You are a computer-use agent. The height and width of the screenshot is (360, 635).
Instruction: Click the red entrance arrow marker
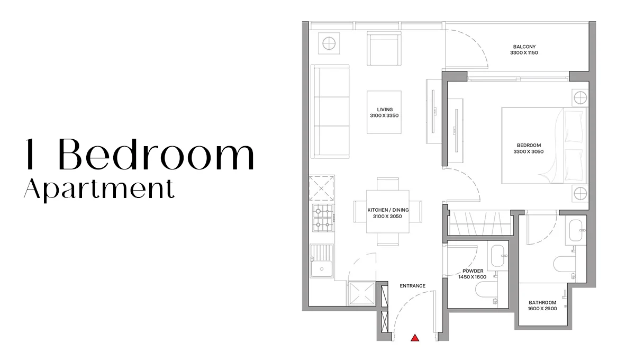pyautogui.click(x=415, y=338)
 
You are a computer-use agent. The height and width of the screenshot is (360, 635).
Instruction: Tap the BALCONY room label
pyautogui.click(x=524, y=47)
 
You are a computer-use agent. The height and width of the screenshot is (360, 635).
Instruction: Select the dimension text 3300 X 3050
pyautogui.click(x=529, y=151)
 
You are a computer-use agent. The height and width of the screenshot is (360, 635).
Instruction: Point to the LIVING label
pyautogui.click(x=385, y=110)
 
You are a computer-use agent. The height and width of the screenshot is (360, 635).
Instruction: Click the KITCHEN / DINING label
pyautogui.click(x=388, y=210)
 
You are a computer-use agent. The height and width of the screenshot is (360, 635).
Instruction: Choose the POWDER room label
pyautogui.click(x=473, y=271)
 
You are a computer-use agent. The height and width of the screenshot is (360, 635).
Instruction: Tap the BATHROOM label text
pyautogui.click(x=542, y=302)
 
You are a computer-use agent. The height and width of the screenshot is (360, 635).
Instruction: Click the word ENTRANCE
pyautogui.click(x=412, y=286)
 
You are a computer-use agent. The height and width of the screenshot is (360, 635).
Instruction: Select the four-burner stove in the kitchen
pyautogui.click(x=323, y=218)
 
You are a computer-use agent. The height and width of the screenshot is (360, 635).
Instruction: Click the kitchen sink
pyautogui.click(x=322, y=260)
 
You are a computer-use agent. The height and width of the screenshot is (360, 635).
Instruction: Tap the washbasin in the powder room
pyautogui.click(x=498, y=256)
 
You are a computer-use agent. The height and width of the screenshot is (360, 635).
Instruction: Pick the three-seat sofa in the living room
pyautogui.click(x=330, y=111)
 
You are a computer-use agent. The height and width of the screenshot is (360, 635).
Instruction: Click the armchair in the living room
pyautogui.click(x=384, y=48)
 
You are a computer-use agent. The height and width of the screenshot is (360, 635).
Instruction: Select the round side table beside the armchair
pyautogui.click(x=329, y=43)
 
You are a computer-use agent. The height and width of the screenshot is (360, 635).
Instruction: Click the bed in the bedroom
pyautogui.click(x=545, y=145)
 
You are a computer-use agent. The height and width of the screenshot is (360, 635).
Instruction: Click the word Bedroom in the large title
pyautogui.click(x=157, y=155)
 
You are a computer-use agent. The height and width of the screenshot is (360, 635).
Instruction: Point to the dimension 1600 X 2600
pyautogui.click(x=542, y=309)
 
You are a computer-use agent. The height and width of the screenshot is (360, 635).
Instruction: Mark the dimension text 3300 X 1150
pyautogui.click(x=524, y=53)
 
